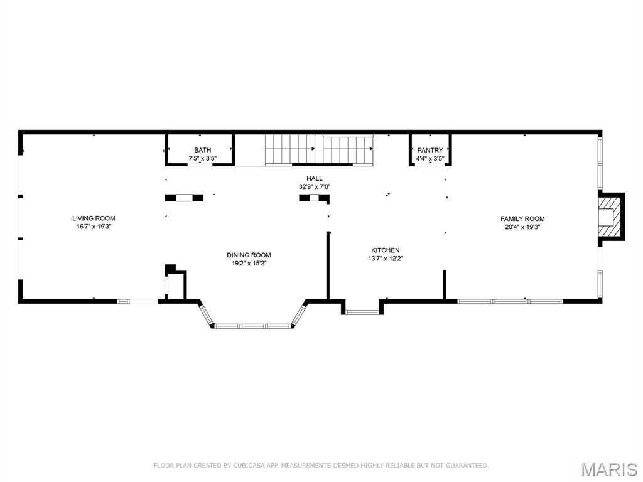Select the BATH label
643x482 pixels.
(x=202, y=150)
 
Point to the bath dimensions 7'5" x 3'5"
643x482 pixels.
(x=202, y=158)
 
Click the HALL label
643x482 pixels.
(x=314, y=178)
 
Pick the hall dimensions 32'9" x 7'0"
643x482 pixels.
(x=314, y=186)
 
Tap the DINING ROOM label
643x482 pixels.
(x=249, y=255)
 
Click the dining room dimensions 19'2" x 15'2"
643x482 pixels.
(x=249, y=263)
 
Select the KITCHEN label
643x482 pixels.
(x=385, y=250)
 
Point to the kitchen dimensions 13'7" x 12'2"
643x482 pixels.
(x=385, y=258)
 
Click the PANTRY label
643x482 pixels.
(x=430, y=150)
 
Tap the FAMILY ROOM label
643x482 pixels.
(x=522, y=218)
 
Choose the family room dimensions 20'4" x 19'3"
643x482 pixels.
(x=522, y=227)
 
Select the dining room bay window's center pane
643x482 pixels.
(x=254, y=326)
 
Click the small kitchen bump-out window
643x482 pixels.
(x=362, y=311)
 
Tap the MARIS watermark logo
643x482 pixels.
(x=608, y=469)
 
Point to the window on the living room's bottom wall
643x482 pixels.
(x=138, y=301)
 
